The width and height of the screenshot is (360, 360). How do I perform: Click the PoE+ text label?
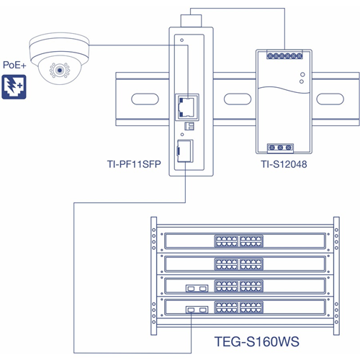click(14, 65)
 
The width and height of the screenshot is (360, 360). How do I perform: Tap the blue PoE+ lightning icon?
click(14, 87)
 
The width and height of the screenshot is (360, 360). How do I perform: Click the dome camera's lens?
click(60, 71)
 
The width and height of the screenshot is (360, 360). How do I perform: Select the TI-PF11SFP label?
click(134, 164)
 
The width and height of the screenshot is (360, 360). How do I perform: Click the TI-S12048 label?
click(284, 164)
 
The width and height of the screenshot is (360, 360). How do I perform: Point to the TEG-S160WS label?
click(256, 342)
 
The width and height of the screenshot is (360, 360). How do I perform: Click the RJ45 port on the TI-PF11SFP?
click(188, 107)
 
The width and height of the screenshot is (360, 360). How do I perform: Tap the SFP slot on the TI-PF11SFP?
click(185, 150)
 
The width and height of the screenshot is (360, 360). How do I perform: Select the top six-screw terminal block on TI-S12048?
click(284, 56)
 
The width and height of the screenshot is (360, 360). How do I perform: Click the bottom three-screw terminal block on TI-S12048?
click(280, 148)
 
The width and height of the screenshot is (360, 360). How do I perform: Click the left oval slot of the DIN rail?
click(145, 99)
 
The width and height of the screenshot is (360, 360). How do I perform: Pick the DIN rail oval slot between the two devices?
click(238, 99)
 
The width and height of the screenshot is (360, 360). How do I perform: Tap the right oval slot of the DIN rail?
click(330, 99)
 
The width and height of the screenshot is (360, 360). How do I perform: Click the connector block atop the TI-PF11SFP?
click(191, 21)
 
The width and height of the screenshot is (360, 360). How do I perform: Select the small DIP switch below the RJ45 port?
click(189, 126)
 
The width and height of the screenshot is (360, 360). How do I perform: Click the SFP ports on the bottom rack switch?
click(197, 310)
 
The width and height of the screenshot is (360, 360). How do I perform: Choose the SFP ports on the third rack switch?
click(197, 288)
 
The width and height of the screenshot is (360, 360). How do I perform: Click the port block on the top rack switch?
click(239, 241)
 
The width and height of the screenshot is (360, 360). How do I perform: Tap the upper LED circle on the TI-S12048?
click(302, 75)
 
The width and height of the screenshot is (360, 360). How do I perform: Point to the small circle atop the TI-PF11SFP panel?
click(181, 40)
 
